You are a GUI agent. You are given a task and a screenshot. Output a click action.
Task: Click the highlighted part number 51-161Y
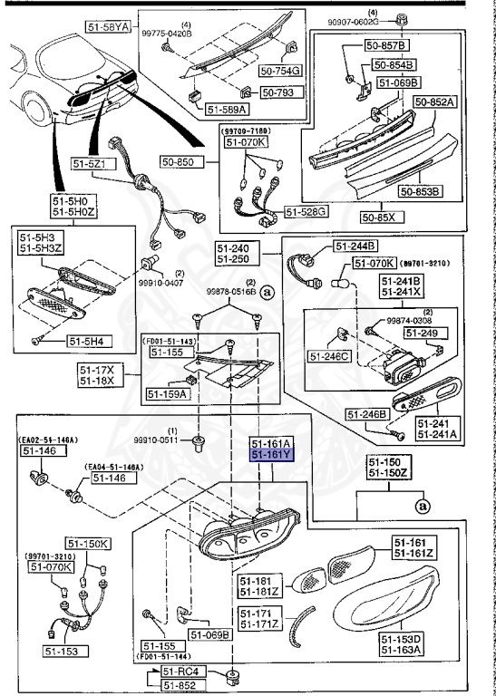271,455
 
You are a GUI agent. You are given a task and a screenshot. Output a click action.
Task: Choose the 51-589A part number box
226,109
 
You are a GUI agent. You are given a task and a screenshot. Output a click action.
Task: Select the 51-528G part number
306,211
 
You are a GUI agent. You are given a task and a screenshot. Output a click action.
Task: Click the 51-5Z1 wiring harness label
91,164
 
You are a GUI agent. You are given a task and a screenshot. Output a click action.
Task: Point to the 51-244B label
355,246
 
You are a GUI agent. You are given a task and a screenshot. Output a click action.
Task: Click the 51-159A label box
165,394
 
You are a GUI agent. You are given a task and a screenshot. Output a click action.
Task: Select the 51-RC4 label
180,672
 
